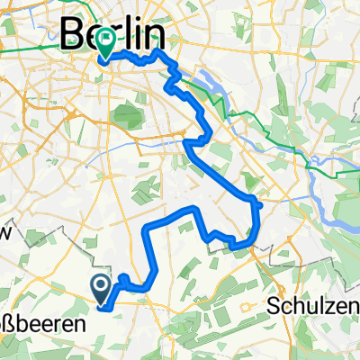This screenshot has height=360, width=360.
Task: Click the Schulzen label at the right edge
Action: point(313,306)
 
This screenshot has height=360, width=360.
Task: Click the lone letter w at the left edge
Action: point(4,232)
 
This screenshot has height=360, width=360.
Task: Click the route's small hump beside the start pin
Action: point(121,278)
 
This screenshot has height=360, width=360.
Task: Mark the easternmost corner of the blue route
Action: point(259,206)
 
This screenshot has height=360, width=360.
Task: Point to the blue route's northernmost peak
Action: point(159,52)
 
